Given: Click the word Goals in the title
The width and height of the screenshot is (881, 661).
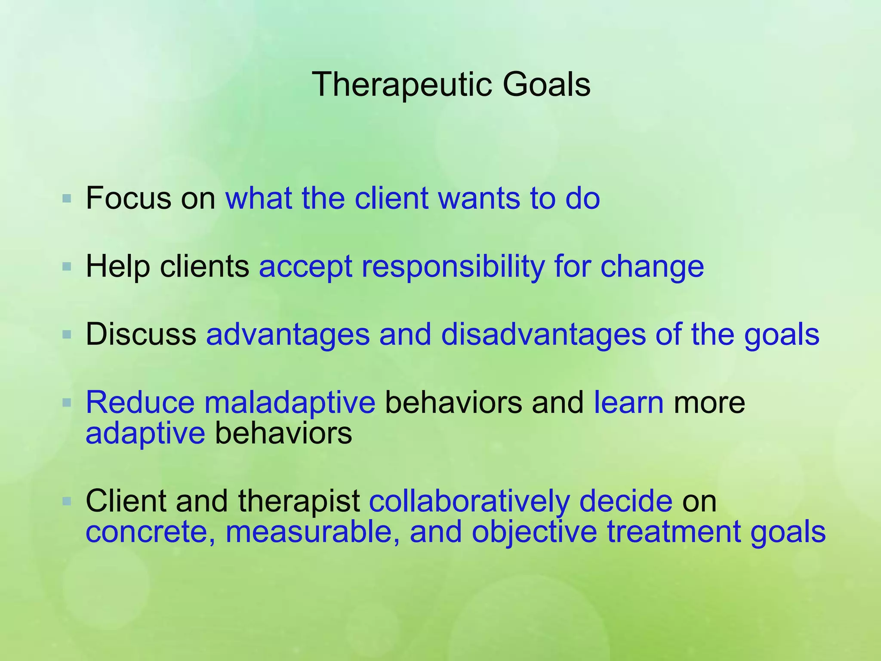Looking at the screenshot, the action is [x=546, y=85].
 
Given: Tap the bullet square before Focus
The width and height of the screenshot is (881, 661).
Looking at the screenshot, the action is [x=66, y=199].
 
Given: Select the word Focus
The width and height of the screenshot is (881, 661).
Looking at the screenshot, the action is [x=128, y=199].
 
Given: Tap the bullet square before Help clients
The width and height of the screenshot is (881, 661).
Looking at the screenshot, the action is [x=66, y=267].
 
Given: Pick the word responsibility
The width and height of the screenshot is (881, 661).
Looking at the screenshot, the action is [x=453, y=267].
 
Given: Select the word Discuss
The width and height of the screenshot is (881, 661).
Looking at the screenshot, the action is [x=141, y=334].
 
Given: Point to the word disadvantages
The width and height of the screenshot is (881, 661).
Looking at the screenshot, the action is [x=543, y=334].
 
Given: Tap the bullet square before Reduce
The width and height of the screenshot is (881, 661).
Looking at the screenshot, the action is [x=66, y=403].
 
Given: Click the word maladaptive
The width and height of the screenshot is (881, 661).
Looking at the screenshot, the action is [x=290, y=403].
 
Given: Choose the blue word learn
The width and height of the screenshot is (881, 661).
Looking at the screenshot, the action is [x=628, y=403].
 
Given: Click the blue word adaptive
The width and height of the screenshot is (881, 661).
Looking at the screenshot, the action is [x=145, y=434].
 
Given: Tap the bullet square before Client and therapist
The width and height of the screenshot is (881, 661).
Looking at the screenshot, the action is [x=66, y=501].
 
